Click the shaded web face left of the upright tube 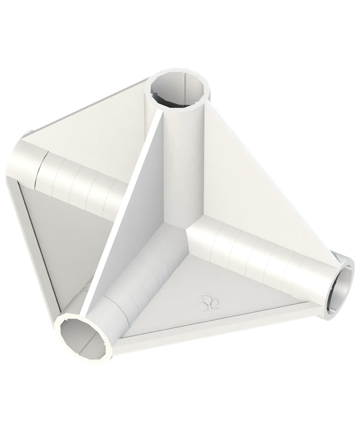click(x=141, y=198)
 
